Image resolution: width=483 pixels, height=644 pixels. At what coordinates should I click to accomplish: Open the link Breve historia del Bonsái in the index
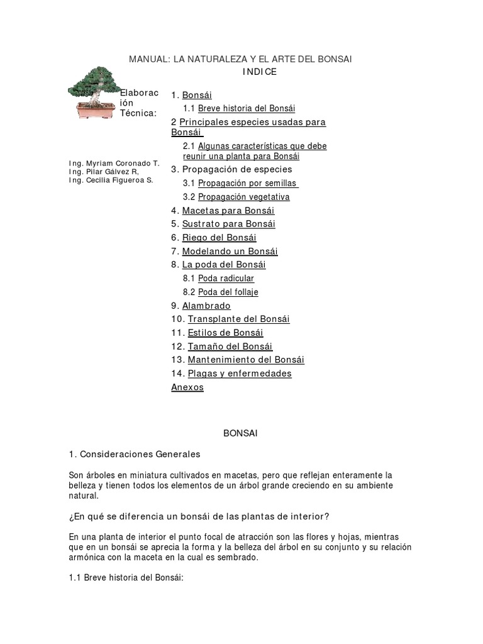click(247, 108)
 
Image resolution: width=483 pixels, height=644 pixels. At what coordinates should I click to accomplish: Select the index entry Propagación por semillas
click(248, 183)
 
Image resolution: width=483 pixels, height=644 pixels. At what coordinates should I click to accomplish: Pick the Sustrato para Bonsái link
click(229, 224)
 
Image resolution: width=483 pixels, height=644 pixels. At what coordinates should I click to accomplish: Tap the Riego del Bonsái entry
click(219, 238)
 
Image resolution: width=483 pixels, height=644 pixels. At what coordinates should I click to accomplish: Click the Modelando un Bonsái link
click(230, 252)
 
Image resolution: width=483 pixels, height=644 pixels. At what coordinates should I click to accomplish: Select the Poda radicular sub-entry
click(226, 279)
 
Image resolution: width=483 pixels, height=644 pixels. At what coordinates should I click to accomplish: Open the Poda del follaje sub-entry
click(228, 292)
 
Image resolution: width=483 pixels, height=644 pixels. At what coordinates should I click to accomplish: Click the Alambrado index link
click(206, 306)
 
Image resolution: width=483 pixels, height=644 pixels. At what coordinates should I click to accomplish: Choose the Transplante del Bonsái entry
click(238, 319)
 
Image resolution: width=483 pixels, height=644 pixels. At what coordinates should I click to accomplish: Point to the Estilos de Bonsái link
click(225, 333)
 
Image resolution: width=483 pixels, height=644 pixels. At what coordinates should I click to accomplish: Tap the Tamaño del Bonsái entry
click(230, 347)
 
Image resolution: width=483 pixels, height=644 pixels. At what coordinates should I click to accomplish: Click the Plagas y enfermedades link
click(240, 374)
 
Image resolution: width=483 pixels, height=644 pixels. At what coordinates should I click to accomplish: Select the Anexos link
click(187, 387)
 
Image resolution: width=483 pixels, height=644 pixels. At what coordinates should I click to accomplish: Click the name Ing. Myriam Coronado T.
click(114, 164)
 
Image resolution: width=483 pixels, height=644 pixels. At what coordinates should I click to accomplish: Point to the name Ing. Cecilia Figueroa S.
click(110, 180)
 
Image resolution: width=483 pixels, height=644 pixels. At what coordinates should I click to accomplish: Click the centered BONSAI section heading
click(241, 433)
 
